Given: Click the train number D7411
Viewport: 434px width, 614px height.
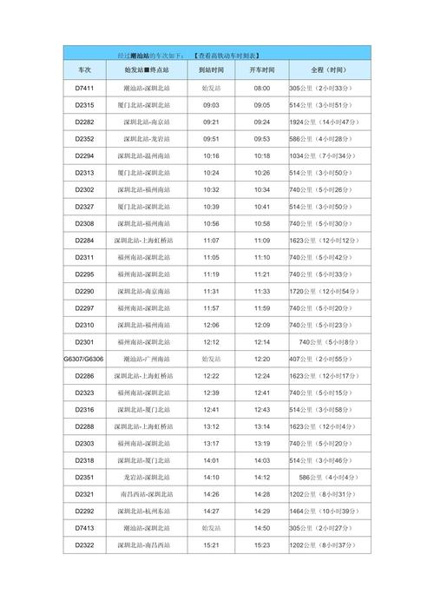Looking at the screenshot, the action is tap(84, 89).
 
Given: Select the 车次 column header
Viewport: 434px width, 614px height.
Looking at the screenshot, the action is tap(84, 69).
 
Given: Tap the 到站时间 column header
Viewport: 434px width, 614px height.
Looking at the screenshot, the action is tap(211, 69).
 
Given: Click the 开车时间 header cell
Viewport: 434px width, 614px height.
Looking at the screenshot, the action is tap(262, 69).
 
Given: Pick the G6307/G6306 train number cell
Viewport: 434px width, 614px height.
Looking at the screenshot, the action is tap(84, 359).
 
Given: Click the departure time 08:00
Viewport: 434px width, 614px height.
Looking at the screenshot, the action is tap(262, 89).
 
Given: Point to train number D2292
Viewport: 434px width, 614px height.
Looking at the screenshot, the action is tap(84, 511).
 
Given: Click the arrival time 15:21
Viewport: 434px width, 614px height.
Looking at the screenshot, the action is tap(211, 545).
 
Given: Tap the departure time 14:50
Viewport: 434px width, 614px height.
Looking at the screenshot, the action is tap(262, 527).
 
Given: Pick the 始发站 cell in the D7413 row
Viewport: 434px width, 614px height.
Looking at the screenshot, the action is tap(211, 527).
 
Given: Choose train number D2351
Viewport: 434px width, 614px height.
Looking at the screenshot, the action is tap(84, 477).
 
